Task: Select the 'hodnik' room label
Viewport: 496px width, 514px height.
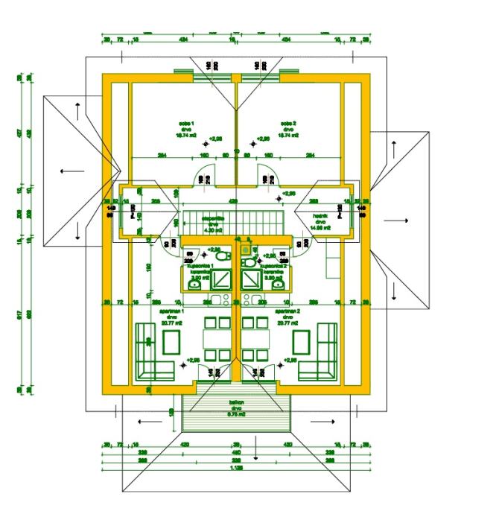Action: (x=321, y=212)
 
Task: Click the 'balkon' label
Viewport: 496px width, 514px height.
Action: (x=236, y=402)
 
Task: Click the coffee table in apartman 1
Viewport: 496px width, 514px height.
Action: (x=171, y=342)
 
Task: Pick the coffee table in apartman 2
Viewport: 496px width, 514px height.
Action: (x=302, y=342)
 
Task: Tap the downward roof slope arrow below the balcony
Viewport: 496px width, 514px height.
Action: (x=256, y=449)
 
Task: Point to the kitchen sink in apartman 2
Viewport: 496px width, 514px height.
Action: (x=256, y=302)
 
